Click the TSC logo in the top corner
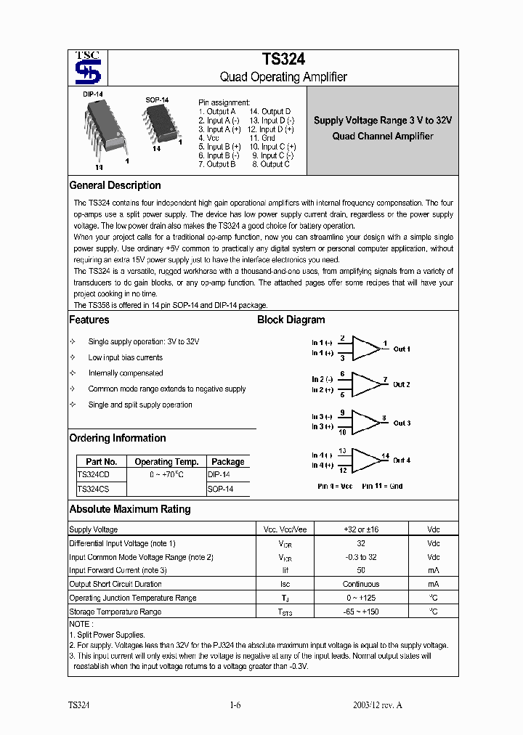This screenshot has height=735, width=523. pyautogui.click(x=88, y=67)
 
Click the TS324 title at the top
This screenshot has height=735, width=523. pyautogui.click(x=283, y=60)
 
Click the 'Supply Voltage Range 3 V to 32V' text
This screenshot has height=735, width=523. pyautogui.click(x=383, y=121)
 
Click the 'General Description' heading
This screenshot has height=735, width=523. pyautogui.click(x=115, y=185)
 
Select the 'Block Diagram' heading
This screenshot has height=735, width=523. pyautogui.click(x=291, y=320)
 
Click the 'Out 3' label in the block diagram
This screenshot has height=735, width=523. pyautogui.click(x=402, y=423)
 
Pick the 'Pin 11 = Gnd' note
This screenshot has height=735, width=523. pyautogui.click(x=382, y=485)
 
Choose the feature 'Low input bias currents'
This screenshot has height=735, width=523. pyautogui.click(x=126, y=357)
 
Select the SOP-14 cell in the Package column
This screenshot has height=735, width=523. pyautogui.click(x=219, y=490)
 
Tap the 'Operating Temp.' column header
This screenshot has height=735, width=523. pyautogui.click(x=166, y=462)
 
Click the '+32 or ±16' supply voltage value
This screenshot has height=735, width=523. pyautogui.click(x=361, y=529)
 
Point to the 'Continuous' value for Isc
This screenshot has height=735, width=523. pyautogui.click(x=361, y=584)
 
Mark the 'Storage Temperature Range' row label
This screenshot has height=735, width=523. pyautogui.click(x=115, y=612)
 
